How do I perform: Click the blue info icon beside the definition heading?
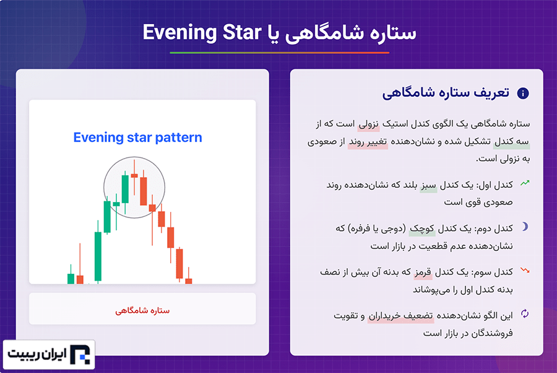pyautogui.click(x=522, y=93)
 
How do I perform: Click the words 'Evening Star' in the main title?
pyautogui.click(x=202, y=32)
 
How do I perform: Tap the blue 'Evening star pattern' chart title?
pyautogui.click(x=137, y=138)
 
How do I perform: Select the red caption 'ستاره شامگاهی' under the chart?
pyautogui.click(x=142, y=310)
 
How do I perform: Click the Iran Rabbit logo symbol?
pyautogui.click(x=80, y=354)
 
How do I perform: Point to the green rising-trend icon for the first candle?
pyautogui.click(x=525, y=183)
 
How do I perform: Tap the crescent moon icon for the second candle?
pyautogui.click(x=525, y=227)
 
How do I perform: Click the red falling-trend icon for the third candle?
pyautogui.click(x=525, y=271)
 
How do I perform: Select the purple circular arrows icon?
pyautogui.click(x=525, y=314)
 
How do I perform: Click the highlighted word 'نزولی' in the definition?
pyautogui.click(x=368, y=124)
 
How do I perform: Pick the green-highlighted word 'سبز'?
pyautogui.click(x=428, y=185)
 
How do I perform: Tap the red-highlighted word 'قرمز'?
pyautogui.click(x=423, y=272)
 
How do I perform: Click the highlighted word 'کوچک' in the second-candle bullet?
pyautogui.click(x=421, y=229)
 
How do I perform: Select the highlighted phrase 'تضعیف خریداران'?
pyautogui.click(x=400, y=316)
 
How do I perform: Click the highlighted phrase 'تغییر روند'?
pyautogui.click(x=368, y=141)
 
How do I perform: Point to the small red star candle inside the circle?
pyautogui.click(x=134, y=175)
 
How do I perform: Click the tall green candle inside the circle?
pyautogui.click(x=125, y=189)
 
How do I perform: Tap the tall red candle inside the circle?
pyautogui.click(x=144, y=191)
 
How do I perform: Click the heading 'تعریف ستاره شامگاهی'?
pyautogui.click(x=446, y=93)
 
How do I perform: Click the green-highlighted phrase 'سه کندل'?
pyautogui.click(x=512, y=141)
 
